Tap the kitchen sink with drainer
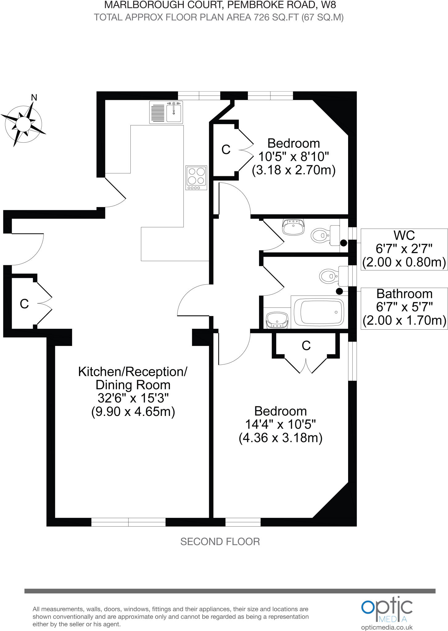[166, 112]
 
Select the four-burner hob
[196, 178]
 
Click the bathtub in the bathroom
[319, 312]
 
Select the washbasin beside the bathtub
[277, 320]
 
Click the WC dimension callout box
[404, 249]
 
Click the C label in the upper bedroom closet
[226, 150]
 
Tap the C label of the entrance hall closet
[24, 304]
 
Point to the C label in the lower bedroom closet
[306, 346]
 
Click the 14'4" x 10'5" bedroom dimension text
[281, 425]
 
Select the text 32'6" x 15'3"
[133, 398]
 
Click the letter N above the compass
[34, 98]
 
